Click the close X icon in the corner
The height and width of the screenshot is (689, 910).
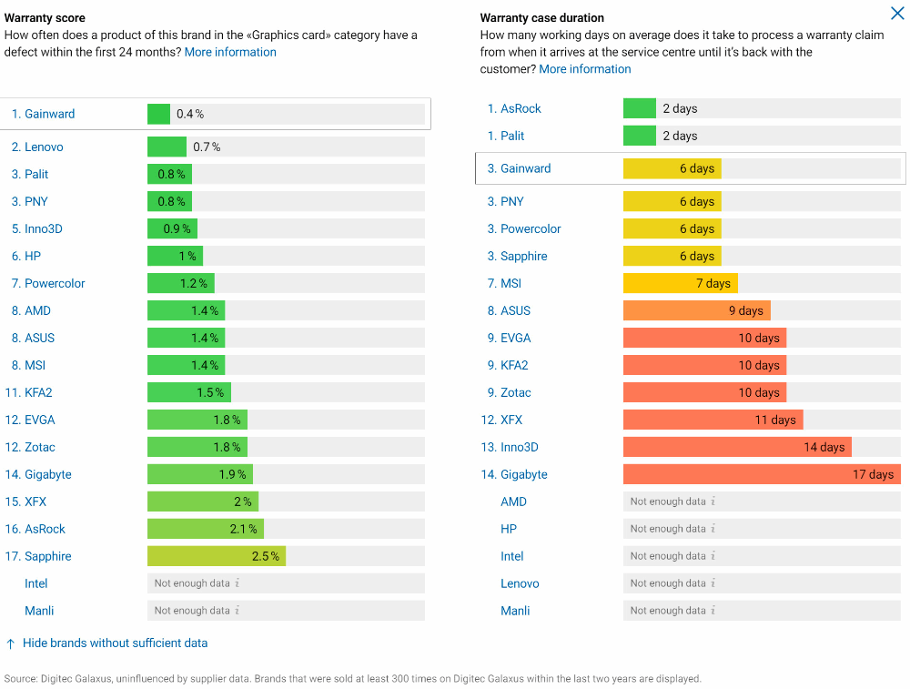pyautogui.click(x=896, y=13)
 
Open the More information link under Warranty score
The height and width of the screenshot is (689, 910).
pyautogui.click(x=230, y=52)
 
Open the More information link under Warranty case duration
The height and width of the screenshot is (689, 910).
pyautogui.click(x=584, y=69)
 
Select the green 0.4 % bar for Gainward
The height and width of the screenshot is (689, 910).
pyautogui.click(x=158, y=114)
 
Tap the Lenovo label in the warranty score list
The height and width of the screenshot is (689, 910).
pyautogui.click(x=44, y=147)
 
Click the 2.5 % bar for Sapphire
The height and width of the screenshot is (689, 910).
pyautogui.click(x=217, y=556)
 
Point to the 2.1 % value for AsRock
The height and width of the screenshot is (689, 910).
pyautogui.click(x=244, y=529)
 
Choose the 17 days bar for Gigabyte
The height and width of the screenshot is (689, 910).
pyautogui.click(x=762, y=474)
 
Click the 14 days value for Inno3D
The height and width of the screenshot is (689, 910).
pyautogui.click(x=824, y=447)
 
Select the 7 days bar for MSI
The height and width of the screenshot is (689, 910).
pyautogui.click(x=680, y=283)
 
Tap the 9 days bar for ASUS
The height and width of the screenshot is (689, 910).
pyautogui.click(x=696, y=310)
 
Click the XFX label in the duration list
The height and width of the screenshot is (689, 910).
pyautogui.click(x=511, y=420)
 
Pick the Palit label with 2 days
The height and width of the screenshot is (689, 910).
pyautogui.click(x=512, y=136)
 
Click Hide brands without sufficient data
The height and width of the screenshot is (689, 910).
pyautogui.click(x=115, y=643)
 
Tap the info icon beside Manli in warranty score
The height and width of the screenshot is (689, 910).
pyautogui.click(x=237, y=611)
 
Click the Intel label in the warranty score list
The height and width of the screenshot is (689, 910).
pyautogui.click(x=36, y=583)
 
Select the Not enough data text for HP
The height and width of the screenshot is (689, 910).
pyautogui.click(x=668, y=529)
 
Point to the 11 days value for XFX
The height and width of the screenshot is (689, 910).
pyautogui.click(x=775, y=420)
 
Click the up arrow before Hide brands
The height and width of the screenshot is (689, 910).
pyautogui.click(x=10, y=643)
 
